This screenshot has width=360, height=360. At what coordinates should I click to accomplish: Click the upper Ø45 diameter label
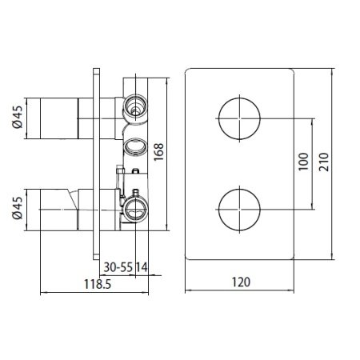[16, 118]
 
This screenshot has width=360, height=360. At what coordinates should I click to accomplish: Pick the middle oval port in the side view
[134, 146]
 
